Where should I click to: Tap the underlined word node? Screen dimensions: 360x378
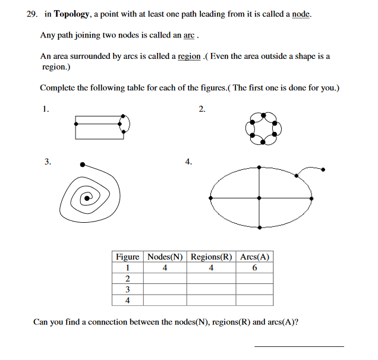pyautogui.click(x=301, y=14)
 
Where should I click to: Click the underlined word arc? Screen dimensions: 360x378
pyautogui.click(x=189, y=35)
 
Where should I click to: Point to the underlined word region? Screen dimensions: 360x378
pyautogui.click(x=188, y=56)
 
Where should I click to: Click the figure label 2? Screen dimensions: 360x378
pyautogui.click(x=201, y=109)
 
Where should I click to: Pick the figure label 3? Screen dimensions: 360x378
pyautogui.click(x=47, y=161)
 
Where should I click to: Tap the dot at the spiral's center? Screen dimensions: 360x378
pyautogui.click(x=87, y=197)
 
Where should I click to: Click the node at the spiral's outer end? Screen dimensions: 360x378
pyautogui.click(x=81, y=163)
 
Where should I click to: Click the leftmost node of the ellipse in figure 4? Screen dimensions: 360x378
pyautogui.click(x=209, y=197)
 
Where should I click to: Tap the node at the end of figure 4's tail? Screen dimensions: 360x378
pyautogui.click(x=323, y=169)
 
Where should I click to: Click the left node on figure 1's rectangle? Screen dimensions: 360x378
pyautogui.click(x=75, y=124)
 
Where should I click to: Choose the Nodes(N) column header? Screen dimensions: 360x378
pyautogui.click(x=165, y=257)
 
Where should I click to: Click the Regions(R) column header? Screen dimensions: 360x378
pyautogui.click(x=211, y=257)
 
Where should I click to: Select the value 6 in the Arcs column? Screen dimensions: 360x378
pyautogui.click(x=254, y=268)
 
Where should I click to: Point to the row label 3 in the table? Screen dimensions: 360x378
pyautogui.click(x=127, y=289)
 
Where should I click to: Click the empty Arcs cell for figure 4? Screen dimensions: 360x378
pyautogui.click(x=254, y=300)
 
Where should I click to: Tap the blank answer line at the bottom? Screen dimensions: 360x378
pyautogui.click(x=298, y=346)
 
